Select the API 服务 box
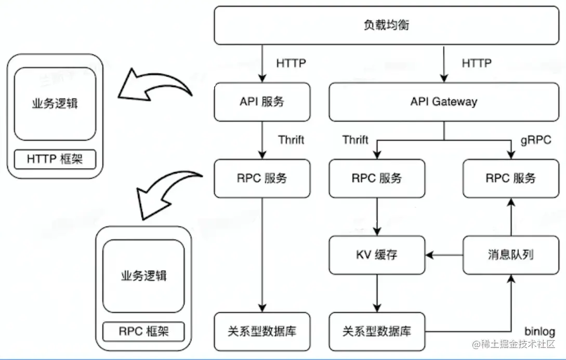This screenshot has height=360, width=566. click(x=262, y=102)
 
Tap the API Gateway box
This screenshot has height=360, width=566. click(x=443, y=102)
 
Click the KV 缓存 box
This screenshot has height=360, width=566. click(x=377, y=255)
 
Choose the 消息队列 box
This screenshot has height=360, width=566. click(x=510, y=255)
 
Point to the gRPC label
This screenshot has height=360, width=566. click(x=535, y=140)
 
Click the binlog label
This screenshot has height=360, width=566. click(x=539, y=331)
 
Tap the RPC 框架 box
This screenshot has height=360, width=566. click(x=143, y=331)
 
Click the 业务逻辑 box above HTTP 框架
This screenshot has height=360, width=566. click(x=55, y=103)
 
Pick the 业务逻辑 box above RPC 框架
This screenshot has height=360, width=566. click(x=143, y=275)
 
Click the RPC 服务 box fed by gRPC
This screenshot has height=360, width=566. click(x=510, y=178)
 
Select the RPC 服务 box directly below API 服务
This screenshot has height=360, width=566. click(x=262, y=178)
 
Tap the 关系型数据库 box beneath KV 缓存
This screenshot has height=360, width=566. click(x=377, y=331)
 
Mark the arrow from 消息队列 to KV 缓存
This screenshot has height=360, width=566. click(x=444, y=255)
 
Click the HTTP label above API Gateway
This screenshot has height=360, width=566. click(x=476, y=63)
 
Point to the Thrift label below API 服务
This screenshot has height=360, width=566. click(x=291, y=140)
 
